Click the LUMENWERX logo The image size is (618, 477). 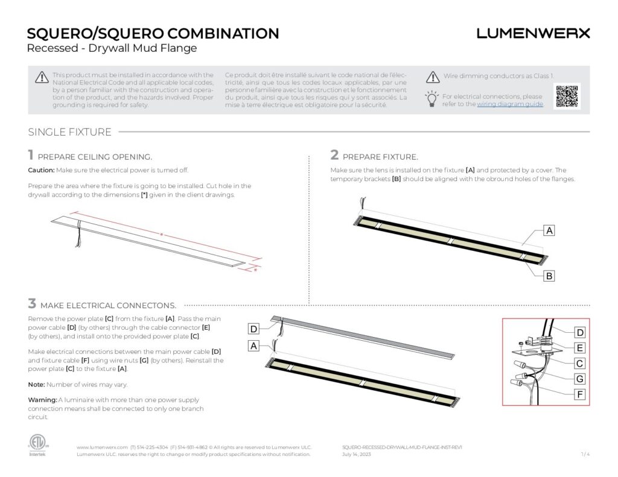click(533, 34)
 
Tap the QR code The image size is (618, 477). click(567, 96)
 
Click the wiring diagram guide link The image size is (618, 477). click(510, 104)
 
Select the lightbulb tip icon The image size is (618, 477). click(432, 98)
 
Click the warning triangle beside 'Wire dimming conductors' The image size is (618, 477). click(432, 77)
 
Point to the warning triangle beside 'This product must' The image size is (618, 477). click(41, 77)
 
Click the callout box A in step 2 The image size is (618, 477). click(549, 230)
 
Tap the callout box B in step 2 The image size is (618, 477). click(549, 276)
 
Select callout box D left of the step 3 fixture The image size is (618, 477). click(254, 329)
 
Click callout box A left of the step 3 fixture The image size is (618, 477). click(254, 346)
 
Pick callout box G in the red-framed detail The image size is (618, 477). click(579, 379)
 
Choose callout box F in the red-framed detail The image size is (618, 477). click(579, 395)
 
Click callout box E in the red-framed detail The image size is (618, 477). click(579, 348)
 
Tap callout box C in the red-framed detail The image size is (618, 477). click(579, 364)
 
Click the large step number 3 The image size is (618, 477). click(32, 303)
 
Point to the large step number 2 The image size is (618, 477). click(334, 155)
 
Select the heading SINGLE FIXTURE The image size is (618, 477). click(69, 132)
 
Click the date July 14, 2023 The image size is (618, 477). click(356, 454)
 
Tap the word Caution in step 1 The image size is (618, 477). click(41, 171)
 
